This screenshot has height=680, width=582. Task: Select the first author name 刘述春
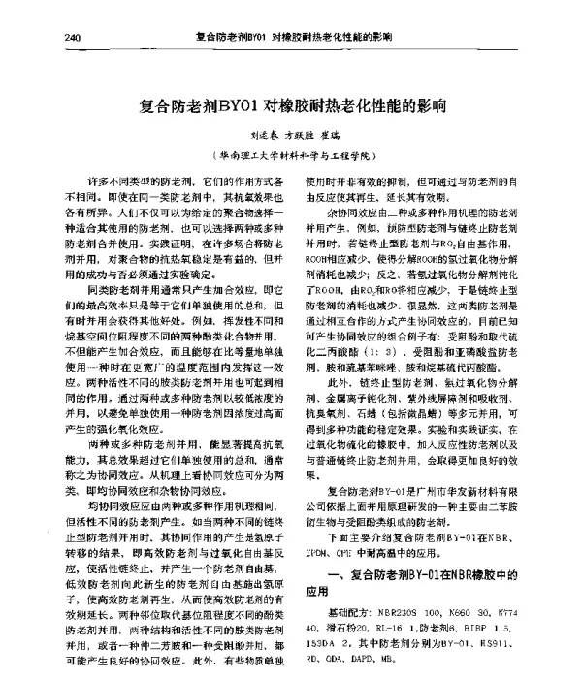point(237,135)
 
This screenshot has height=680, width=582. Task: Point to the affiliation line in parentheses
point(292,155)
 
